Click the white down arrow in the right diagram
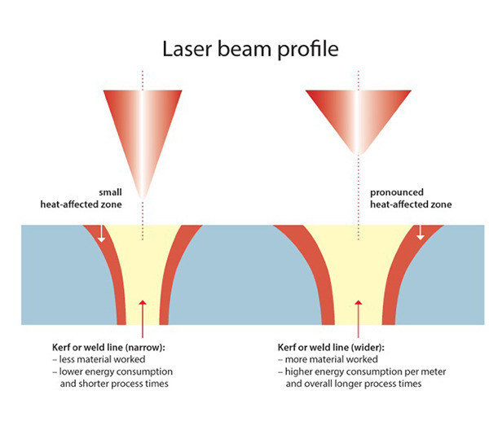tap(421, 234)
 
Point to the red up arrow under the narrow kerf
tap(143, 314)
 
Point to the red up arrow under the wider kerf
tap(357, 314)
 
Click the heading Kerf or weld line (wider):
tap(328, 349)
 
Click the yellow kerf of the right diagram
tap(356, 269)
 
